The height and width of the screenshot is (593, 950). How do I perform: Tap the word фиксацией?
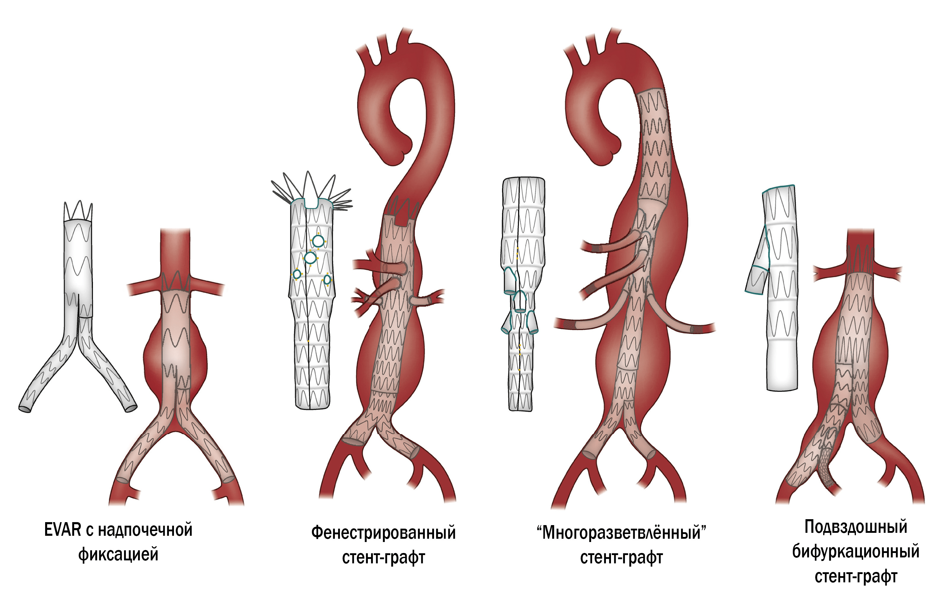point(118,554)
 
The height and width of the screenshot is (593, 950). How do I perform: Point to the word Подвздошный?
point(856,527)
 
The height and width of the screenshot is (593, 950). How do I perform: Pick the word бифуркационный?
point(856,551)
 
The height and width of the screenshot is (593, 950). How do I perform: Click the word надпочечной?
point(145,530)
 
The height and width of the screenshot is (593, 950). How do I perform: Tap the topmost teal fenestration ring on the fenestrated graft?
point(318,242)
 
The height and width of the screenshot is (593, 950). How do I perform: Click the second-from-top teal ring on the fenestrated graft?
point(310,258)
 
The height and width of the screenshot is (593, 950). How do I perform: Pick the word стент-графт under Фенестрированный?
point(383,557)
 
